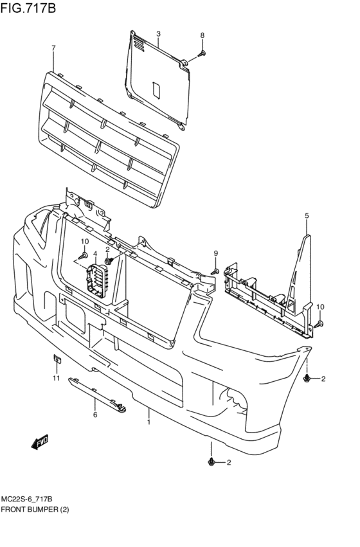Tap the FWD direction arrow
tap(40, 442)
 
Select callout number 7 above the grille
tap(53, 48)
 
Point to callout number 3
tap(158, 33)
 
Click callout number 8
tap(202, 35)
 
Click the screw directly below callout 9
tap(216, 271)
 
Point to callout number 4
tap(94, 254)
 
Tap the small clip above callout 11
tap(56, 359)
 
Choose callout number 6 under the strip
tap(94, 415)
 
